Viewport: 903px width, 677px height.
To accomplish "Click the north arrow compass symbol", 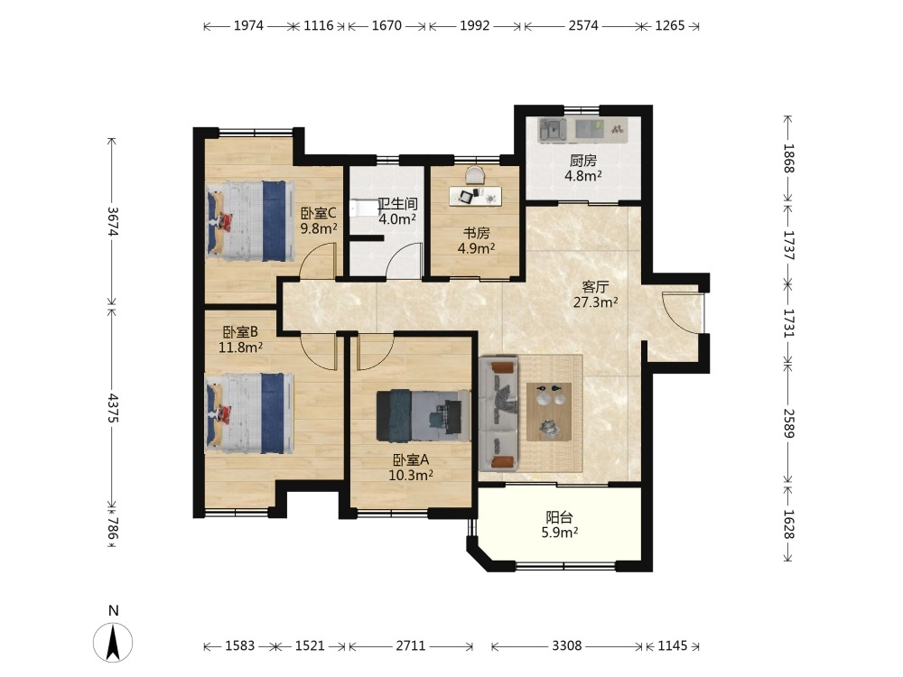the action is (113, 641).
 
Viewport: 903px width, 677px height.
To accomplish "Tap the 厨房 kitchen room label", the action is (582, 161).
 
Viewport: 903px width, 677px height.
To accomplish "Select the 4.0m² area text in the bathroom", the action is (397, 218).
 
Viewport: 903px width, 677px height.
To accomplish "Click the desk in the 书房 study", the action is (475, 195).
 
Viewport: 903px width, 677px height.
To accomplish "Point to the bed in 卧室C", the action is (250, 221).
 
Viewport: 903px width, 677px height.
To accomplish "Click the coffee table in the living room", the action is (549, 412).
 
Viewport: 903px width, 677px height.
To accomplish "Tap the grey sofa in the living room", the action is (498, 413).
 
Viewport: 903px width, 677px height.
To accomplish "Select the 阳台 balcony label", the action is (559, 517).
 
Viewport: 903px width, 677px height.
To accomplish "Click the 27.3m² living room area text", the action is (595, 301).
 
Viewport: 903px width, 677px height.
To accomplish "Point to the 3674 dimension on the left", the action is (113, 221).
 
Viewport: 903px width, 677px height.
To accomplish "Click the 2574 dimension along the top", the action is (583, 25).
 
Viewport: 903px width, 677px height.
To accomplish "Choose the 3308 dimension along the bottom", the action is (567, 646).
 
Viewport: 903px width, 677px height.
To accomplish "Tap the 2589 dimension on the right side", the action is (788, 423).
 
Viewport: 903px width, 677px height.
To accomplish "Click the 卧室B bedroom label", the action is (240, 332).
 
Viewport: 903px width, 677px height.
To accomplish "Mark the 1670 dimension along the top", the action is (386, 25).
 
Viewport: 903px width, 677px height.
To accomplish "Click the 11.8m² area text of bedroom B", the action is (241, 348).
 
